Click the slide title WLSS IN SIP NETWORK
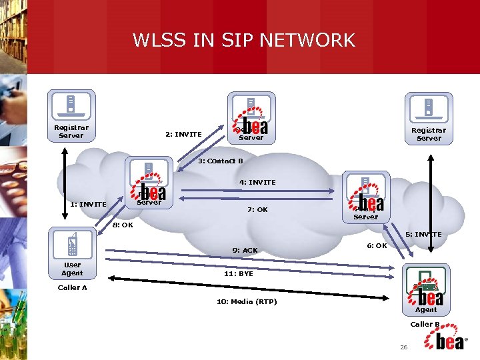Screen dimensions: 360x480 (x=244, y=40)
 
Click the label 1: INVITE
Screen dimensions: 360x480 (x=88, y=204)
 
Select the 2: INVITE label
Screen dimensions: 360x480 (x=183, y=134)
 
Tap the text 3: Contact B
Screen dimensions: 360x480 (x=221, y=161)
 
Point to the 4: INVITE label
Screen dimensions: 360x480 (x=257, y=182)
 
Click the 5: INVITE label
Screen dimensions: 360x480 (x=423, y=234)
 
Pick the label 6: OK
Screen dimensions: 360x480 (x=377, y=245)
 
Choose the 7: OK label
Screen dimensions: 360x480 (x=257, y=209)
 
